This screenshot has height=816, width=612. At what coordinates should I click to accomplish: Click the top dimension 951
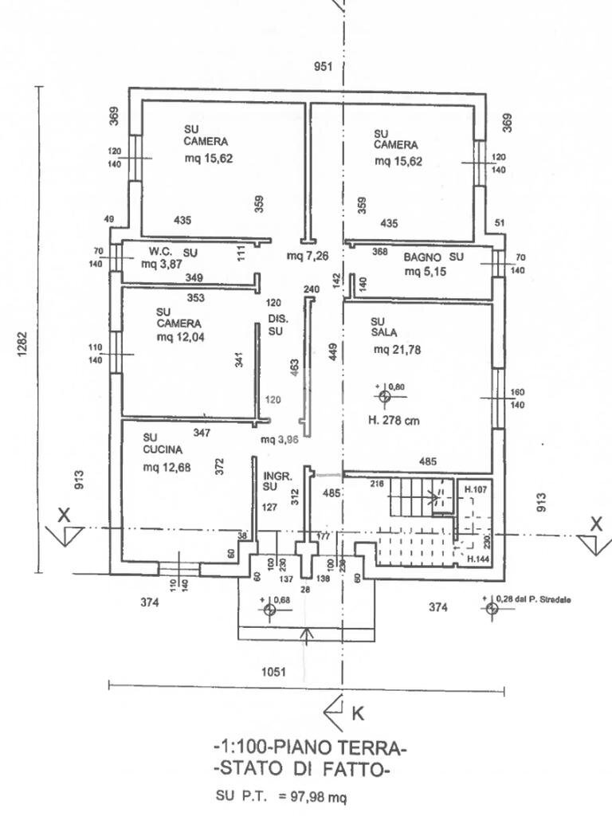pos(324,67)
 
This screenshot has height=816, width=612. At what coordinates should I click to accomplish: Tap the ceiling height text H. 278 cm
pos(393,421)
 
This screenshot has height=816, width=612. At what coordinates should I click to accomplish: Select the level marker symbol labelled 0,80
pos(383,396)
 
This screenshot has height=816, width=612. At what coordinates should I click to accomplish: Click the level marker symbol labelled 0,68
pos(268,610)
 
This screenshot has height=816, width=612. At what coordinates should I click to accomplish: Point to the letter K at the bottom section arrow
pos(358,714)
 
